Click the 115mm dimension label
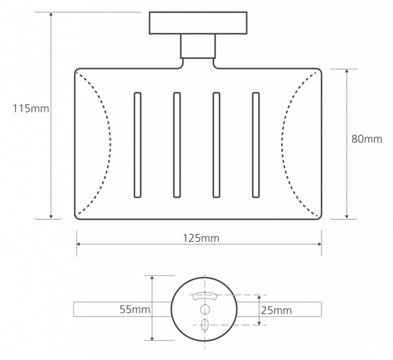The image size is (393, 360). pos(31,109)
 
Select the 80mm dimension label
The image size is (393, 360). pos(367,139)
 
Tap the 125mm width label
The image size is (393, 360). pos(201,238)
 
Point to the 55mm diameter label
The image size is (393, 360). pos(134,310)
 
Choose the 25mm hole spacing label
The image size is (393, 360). pos(276,310)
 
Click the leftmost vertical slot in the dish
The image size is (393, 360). pos(138,145)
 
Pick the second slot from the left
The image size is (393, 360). pos(177,145)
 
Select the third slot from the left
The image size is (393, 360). pos(216,145)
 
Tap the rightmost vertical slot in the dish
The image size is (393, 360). pos(256,145)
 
